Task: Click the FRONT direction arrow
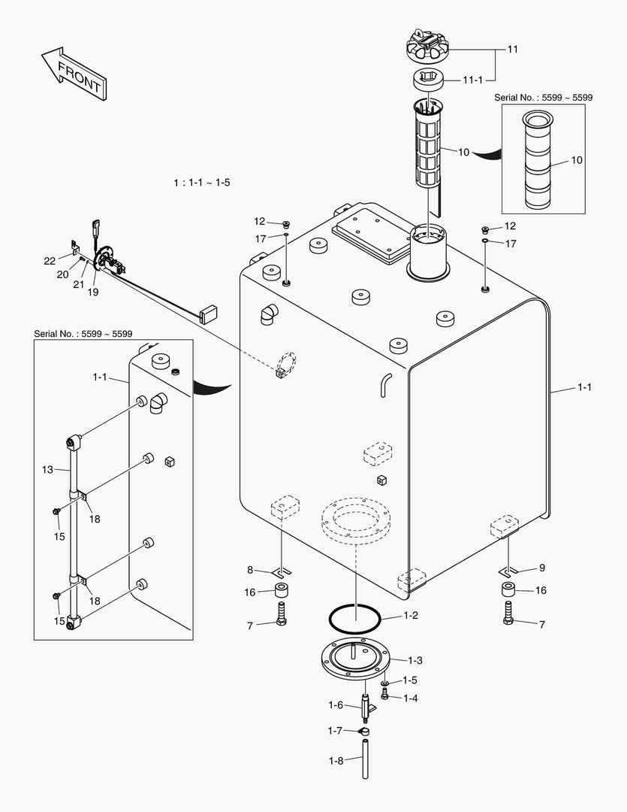[73, 72]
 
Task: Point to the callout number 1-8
[336, 760]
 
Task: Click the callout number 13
[47, 469]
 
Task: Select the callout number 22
[50, 261]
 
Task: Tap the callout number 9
[541, 568]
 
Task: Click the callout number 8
[250, 570]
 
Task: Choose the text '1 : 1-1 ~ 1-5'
[201, 183]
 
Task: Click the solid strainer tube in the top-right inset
[537, 161]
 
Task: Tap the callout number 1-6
[336, 704]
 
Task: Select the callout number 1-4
[410, 698]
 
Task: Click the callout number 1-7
[336, 730]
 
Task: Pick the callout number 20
[64, 274]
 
